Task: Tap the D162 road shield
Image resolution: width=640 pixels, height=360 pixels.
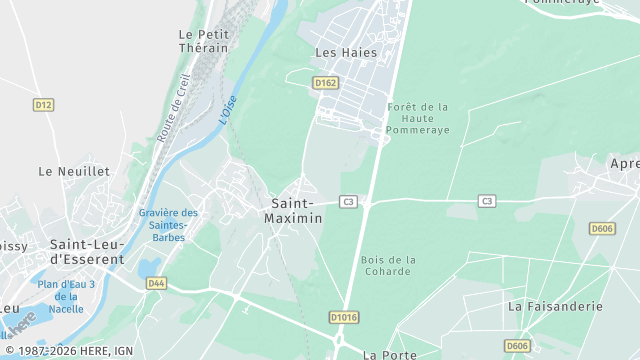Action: tap(325, 83)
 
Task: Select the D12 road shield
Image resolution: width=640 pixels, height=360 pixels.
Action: tap(43, 104)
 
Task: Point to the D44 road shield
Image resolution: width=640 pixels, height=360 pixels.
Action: tap(156, 283)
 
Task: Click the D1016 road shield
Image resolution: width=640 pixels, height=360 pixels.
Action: tap(342, 317)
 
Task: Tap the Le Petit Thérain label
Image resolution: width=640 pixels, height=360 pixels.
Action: tap(203, 41)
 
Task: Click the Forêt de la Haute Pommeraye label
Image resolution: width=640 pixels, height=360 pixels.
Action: tap(418, 118)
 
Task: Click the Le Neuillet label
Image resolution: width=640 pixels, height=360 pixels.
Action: tap(74, 171)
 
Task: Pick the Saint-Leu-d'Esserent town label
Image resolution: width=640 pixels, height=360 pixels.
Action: tap(87, 251)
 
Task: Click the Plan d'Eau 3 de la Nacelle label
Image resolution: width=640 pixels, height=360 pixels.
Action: tap(66, 297)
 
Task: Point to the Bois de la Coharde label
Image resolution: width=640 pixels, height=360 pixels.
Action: tap(388, 266)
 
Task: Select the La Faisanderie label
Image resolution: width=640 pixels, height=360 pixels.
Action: tap(555, 306)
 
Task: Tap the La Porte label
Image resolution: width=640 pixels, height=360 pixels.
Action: tap(389, 354)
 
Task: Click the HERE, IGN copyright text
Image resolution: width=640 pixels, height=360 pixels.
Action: tap(69, 351)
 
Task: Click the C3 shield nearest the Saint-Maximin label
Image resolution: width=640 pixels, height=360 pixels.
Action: tap(348, 201)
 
